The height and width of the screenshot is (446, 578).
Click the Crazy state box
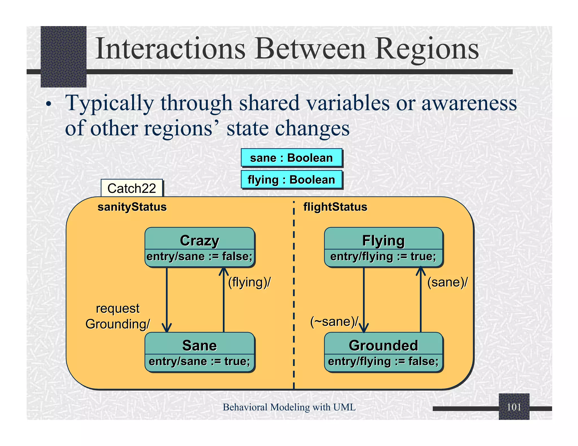[200, 247]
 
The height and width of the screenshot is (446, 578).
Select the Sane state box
[200, 352]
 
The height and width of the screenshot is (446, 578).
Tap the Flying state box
[383, 247]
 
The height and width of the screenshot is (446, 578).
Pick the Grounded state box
[383, 352]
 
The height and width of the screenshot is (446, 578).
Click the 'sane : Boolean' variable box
[291, 158]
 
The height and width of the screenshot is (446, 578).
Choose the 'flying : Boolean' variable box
[291, 180]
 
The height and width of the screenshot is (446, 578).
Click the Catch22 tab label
[132, 188]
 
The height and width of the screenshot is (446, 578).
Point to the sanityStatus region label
[132, 207]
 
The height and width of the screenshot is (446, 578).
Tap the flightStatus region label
[335, 207]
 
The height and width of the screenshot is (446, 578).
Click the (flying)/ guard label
[249, 282]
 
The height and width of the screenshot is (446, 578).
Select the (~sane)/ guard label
[334, 321]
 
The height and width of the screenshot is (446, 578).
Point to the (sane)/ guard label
[447, 282]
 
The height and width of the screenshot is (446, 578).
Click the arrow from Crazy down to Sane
[167, 299]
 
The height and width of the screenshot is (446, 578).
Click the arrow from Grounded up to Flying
[421, 304]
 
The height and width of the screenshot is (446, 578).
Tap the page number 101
[514, 407]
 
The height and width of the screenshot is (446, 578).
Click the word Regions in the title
[427, 49]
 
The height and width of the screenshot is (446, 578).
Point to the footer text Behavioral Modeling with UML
[289, 407]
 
